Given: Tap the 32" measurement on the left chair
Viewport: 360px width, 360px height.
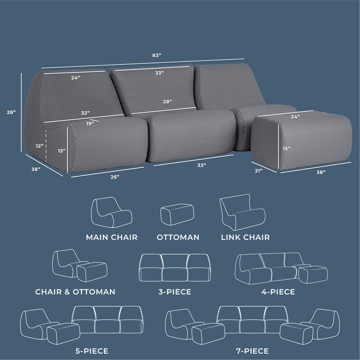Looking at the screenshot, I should [x=85, y=113].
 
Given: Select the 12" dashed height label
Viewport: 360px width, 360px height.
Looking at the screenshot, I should [x=39, y=146].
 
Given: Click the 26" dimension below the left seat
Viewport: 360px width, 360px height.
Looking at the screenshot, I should [x=114, y=177].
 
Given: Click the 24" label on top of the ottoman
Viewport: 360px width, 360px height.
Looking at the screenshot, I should [x=295, y=117].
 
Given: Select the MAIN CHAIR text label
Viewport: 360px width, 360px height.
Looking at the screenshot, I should [x=111, y=237].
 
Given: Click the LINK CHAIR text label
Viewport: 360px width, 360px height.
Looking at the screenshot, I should [x=245, y=237].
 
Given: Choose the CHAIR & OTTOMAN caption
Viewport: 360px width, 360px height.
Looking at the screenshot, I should [x=75, y=291].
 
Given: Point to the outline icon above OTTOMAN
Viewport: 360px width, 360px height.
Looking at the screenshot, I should [x=177, y=214].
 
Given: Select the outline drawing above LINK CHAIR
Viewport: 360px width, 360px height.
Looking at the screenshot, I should [x=242, y=212].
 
